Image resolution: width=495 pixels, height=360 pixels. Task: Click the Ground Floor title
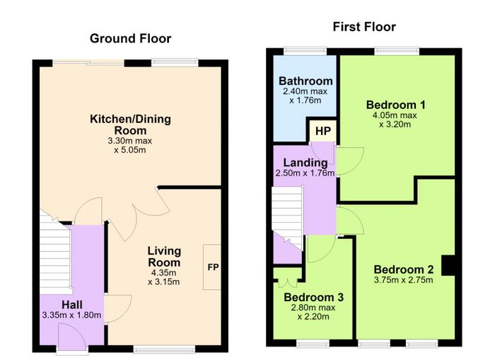130,38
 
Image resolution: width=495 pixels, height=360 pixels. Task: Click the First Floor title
364,27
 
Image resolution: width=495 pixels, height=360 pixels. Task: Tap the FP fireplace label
213,267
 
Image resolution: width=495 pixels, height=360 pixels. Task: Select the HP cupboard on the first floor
322,131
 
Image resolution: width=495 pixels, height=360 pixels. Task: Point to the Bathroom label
305,81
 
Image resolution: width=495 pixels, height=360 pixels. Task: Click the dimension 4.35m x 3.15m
164,277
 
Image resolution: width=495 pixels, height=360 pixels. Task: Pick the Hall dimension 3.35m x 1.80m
71,315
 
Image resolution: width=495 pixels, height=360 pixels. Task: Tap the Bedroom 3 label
313,297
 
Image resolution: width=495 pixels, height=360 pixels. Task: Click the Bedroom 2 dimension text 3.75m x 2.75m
404,280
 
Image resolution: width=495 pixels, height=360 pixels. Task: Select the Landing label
305,163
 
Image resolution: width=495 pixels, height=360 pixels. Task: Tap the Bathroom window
305,52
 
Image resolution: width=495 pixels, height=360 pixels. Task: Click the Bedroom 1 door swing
350,161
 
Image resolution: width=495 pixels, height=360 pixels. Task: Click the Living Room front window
164,349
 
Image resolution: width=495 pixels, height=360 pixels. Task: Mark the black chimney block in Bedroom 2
448,265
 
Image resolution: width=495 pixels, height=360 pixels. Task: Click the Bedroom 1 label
395,105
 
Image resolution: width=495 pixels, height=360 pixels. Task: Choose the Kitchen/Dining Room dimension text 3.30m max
129,141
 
